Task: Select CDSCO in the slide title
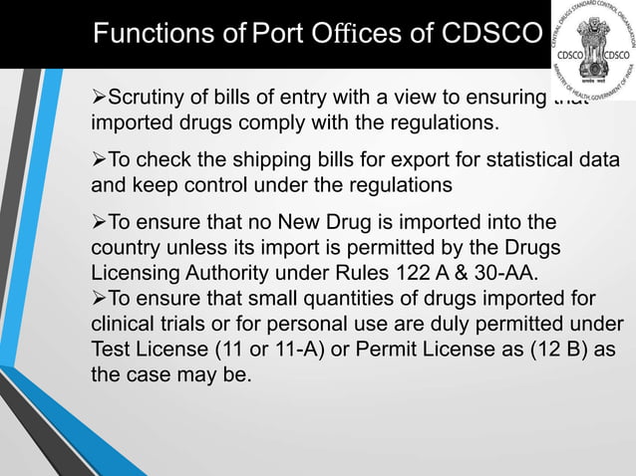(x=483, y=34)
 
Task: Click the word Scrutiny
(x=144, y=100)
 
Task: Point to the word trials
(x=186, y=323)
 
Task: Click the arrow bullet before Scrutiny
(x=98, y=100)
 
